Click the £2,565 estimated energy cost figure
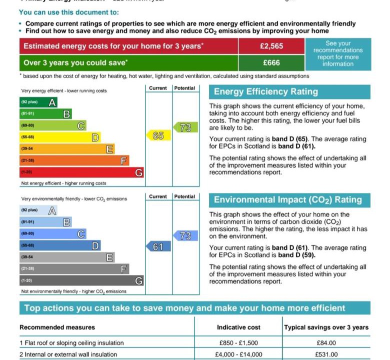[x=271, y=46]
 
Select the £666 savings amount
[x=271, y=63]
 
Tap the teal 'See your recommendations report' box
[x=338, y=54]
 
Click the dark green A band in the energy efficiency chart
[x=38, y=102]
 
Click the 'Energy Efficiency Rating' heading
[x=266, y=92]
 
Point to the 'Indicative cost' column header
[x=238, y=327]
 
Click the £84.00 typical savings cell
[x=326, y=343]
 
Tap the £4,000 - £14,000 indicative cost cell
[x=238, y=354]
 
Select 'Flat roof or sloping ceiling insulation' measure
[x=71, y=343]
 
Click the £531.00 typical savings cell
[x=326, y=354]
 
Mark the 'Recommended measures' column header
[x=57, y=327]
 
